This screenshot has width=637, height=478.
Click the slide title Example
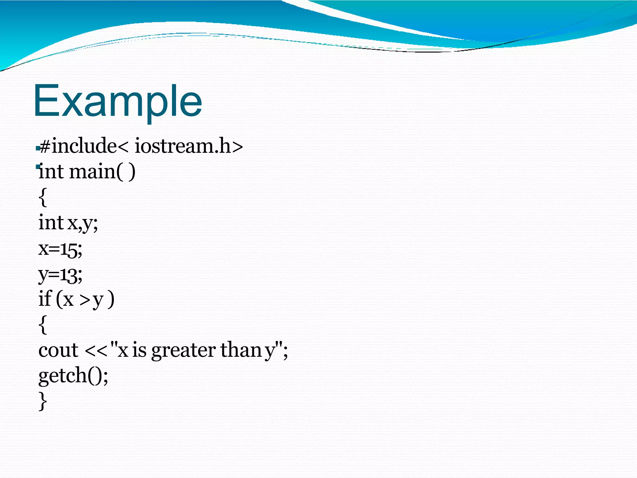(118, 101)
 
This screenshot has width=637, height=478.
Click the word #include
(78, 146)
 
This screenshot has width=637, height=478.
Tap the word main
(92, 171)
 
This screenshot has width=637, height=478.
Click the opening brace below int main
(43, 197)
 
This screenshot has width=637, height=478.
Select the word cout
(58, 350)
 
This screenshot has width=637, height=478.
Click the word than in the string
(241, 350)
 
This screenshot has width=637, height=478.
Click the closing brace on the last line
(43, 401)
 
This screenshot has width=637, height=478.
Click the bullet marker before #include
(37, 148)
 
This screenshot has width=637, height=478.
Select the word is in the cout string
(139, 350)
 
